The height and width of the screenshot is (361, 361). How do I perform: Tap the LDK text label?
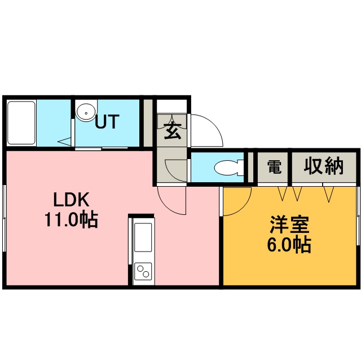[71, 200]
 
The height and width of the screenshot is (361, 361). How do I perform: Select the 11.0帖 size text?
[71, 219]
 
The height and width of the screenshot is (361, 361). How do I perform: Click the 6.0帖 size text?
[288, 245]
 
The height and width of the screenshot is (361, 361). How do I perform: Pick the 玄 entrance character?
[171, 131]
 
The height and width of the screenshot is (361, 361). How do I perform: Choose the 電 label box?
[274, 166]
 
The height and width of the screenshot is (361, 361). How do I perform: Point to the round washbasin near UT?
[86, 112]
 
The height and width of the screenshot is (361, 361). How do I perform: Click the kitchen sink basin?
[143, 237]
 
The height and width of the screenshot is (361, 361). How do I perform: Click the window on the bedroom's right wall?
[358, 215]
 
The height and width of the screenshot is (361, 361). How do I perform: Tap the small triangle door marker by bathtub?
[66, 141]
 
